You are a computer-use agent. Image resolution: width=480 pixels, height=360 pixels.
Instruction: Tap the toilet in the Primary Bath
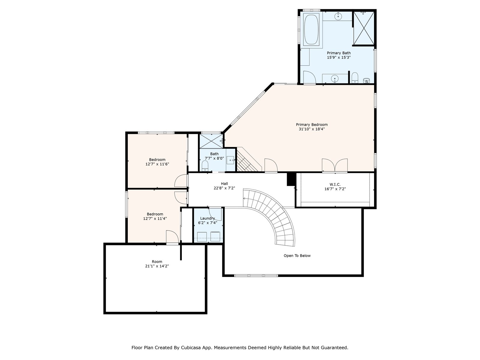pos(355,78)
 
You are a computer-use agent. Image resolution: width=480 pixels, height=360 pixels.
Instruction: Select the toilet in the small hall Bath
pos(205,166)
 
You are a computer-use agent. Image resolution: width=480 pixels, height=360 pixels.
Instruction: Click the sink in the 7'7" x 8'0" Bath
pos(230,160)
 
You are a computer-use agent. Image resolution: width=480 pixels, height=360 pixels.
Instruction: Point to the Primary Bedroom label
pos(312,124)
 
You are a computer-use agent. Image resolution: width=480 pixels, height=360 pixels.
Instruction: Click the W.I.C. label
pos(335,184)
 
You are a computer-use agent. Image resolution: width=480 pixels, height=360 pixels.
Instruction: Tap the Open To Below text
pos(297,256)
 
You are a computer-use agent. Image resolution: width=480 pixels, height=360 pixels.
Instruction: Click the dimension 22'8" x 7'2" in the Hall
pos(224,188)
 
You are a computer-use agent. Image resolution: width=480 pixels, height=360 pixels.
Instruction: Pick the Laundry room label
pos(208,218)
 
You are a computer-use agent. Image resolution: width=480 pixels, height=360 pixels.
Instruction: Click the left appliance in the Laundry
pos(202,237)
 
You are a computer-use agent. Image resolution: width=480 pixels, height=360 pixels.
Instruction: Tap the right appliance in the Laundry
pos(215,236)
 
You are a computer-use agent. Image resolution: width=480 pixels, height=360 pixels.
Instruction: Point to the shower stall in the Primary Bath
pos(363,28)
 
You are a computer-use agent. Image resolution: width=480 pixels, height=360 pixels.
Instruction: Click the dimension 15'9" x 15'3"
pos(339,58)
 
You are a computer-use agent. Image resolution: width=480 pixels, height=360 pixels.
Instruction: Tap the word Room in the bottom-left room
pos(157,262)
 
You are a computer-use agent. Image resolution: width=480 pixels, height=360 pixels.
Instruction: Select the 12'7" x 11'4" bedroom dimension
pos(155,218)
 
